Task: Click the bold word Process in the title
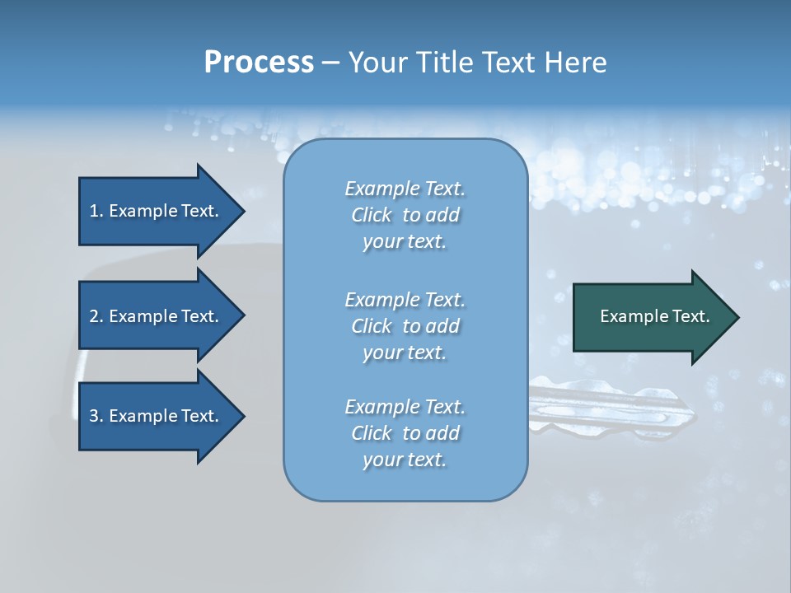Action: pyautogui.click(x=259, y=63)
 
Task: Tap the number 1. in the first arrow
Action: pyautogui.click(x=96, y=211)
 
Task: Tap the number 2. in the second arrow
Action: pyautogui.click(x=96, y=316)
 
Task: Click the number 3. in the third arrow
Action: pyautogui.click(x=96, y=416)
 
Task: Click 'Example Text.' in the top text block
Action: pyautogui.click(x=405, y=189)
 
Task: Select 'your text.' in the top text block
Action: pyautogui.click(x=405, y=241)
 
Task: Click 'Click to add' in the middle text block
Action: pyautogui.click(x=405, y=326)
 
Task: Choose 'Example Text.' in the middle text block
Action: pyautogui.click(x=405, y=300)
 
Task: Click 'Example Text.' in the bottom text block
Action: pyautogui.click(x=405, y=407)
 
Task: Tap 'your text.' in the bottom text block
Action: pyautogui.click(x=405, y=460)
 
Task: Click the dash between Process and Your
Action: pyautogui.click(x=330, y=63)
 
